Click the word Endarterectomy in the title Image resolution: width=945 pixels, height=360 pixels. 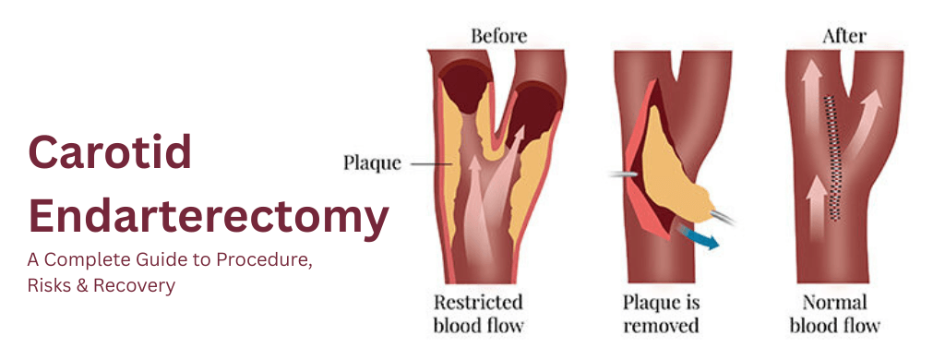pyautogui.click(x=209, y=217)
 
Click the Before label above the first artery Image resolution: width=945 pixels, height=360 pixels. pyautogui.click(x=498, y=37)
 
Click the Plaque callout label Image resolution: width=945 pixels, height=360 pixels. pyautogui.click(x=372, y=163)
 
